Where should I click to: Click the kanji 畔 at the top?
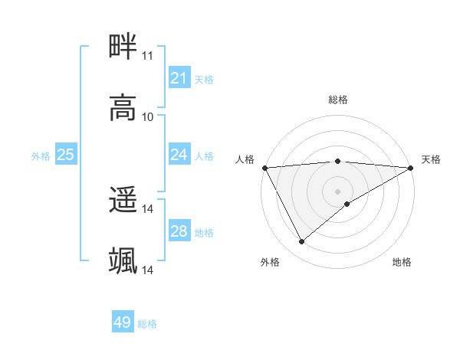pos(123,47)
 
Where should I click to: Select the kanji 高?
pos(123,107)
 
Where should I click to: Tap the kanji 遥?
pos(123,200)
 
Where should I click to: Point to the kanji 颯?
pos(123,260)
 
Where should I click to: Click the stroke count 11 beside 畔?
pos(147,56)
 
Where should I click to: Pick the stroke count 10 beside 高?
pos(147,116)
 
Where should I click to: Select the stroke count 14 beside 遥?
pos(147,209)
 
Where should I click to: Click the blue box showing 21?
pos(179,78)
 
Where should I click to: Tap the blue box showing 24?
pos(179,155)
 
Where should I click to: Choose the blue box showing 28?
pos(179,231)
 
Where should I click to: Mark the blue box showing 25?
pos(65,155)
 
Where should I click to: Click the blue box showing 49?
pos(123,322)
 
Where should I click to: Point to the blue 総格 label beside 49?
pos(147,324)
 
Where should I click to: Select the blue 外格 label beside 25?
pos(41,155)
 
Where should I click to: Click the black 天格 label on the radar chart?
pos(431,159)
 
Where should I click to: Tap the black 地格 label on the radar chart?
pos(402,262)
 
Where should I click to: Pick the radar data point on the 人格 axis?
pos(264,168)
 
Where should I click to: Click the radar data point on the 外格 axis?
pos(301,242)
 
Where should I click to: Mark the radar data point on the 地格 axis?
pos(347,203)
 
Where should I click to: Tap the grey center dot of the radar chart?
pos(337,191)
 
